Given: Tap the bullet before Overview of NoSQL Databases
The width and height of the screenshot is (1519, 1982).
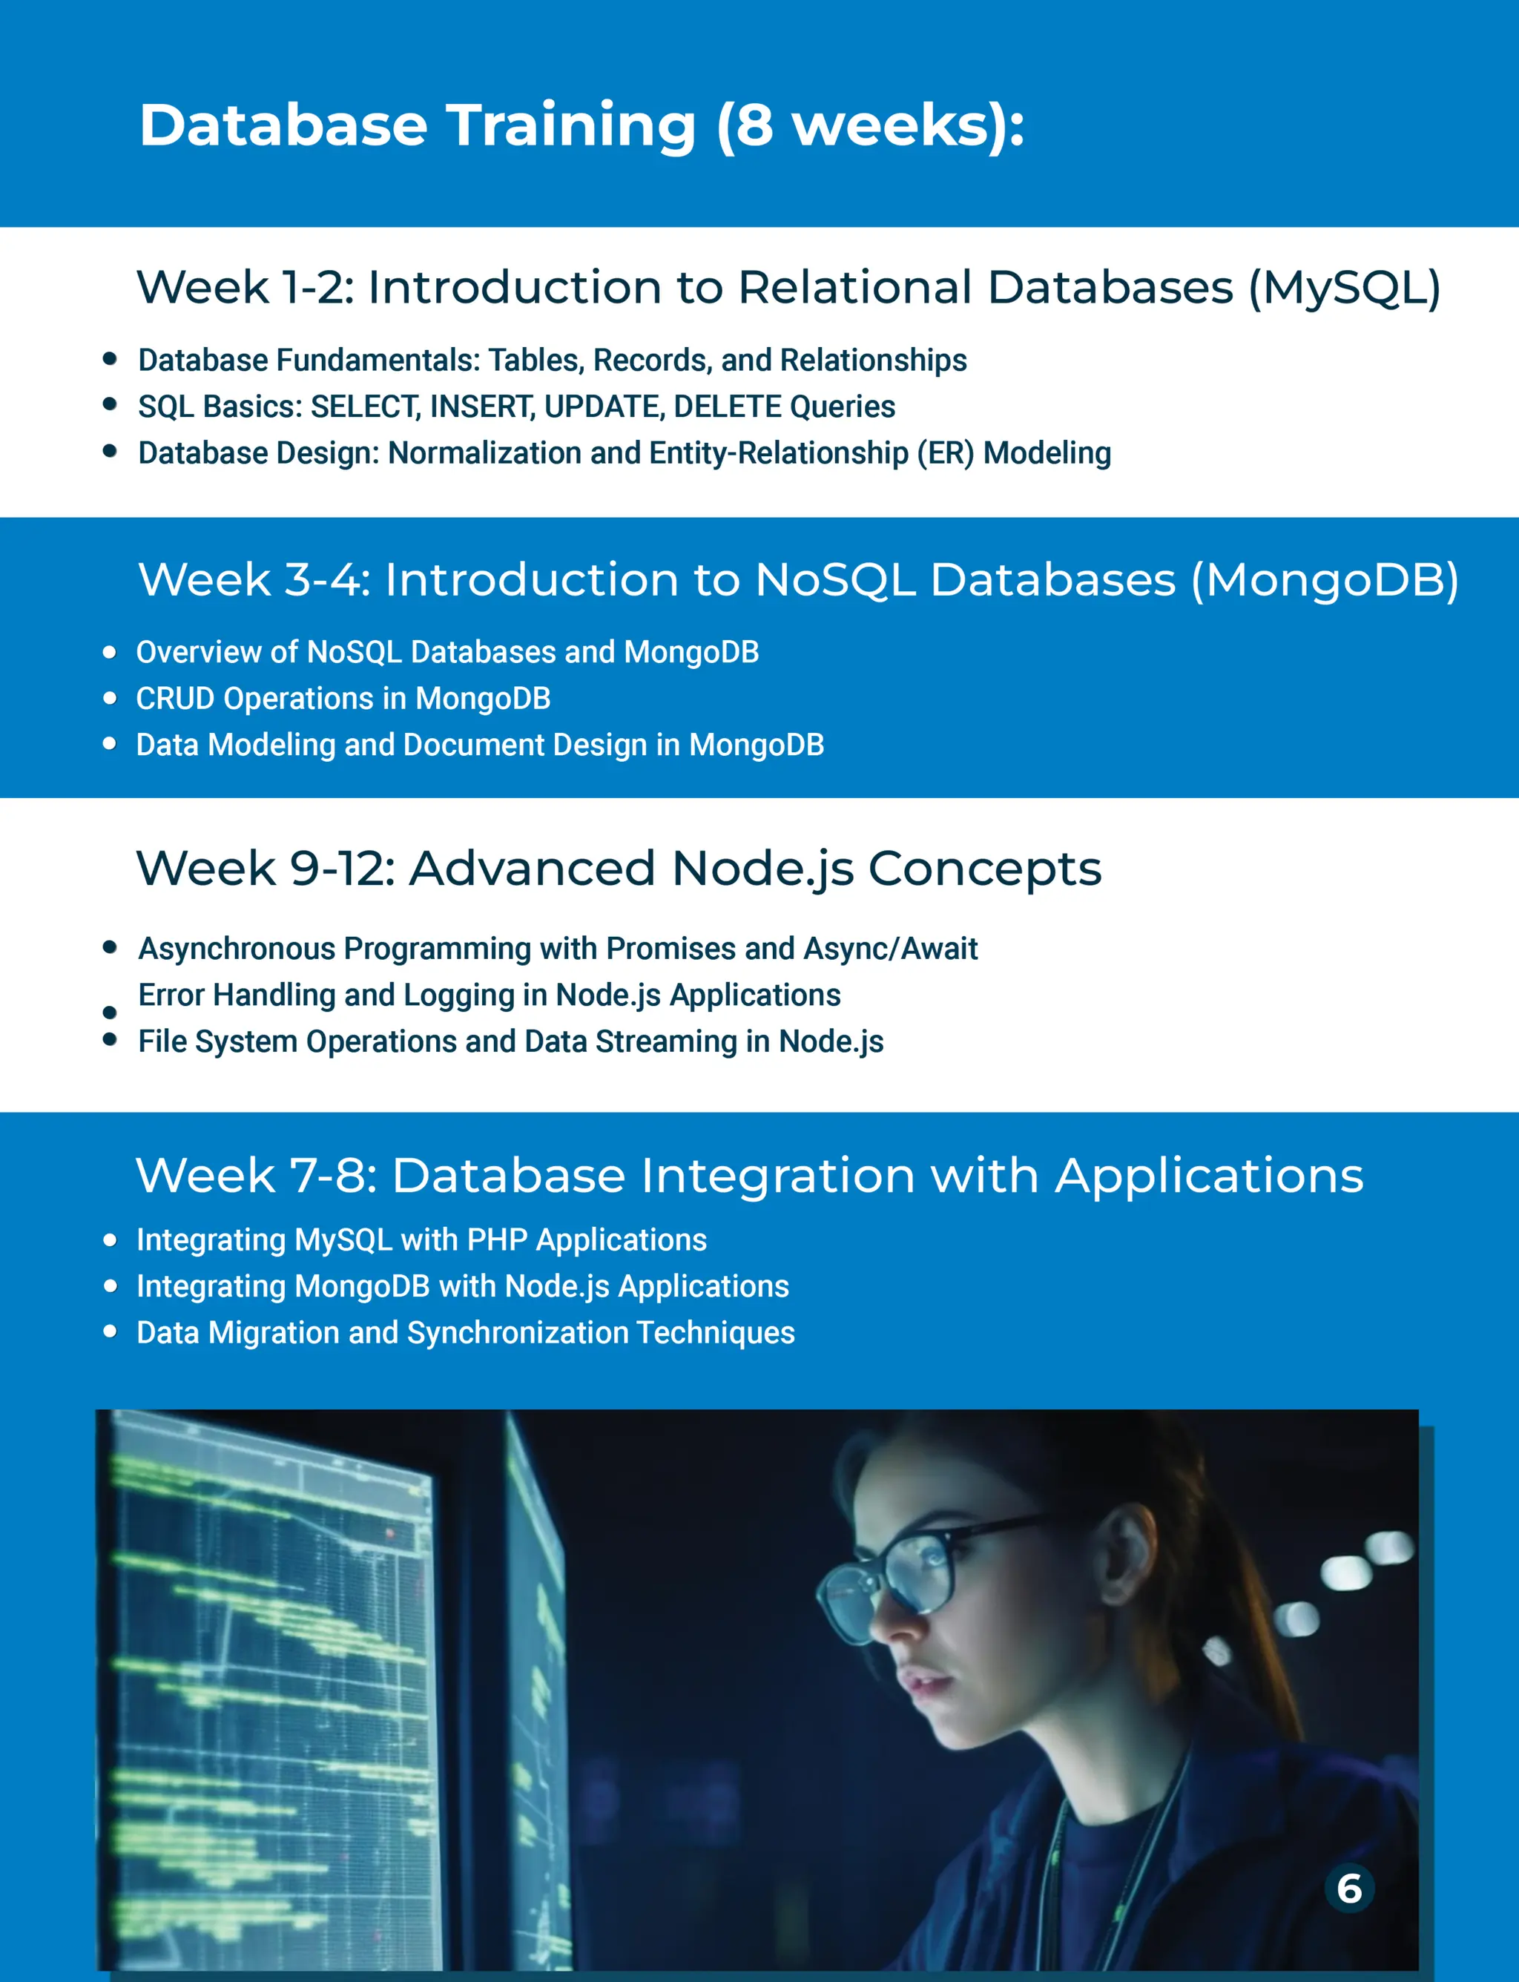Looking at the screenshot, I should [111, 652].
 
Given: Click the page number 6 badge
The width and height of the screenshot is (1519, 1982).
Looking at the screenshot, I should [1349, 1889].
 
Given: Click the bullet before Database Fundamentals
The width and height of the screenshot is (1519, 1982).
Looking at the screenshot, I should [111, 359].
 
